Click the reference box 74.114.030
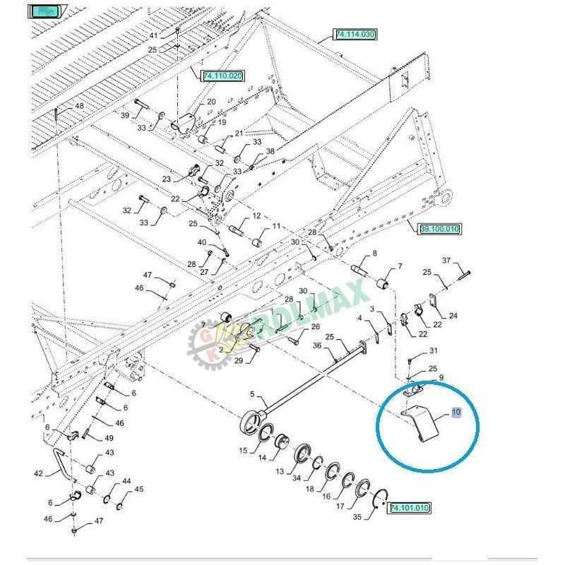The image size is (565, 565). [x=356, y=34]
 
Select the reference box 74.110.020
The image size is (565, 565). [x=222, y=76]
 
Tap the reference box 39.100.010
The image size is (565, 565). [x=439, y=229]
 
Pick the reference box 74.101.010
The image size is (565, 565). [x=410, y=508]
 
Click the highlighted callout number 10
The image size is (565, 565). [x=456, y=412]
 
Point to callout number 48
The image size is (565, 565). [x=78, y=106]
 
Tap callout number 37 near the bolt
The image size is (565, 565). [x=465, y=261]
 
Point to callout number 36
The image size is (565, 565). [x=316, y=345]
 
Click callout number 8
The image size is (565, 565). [x=374, y=254]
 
